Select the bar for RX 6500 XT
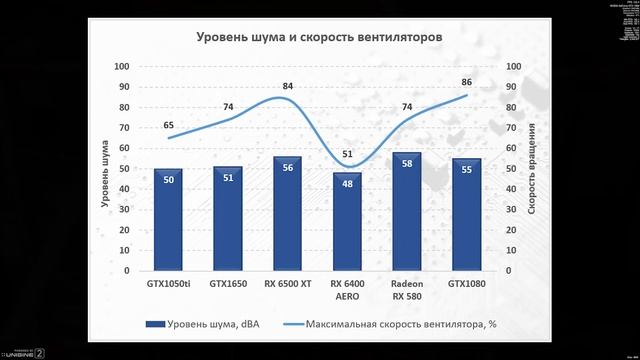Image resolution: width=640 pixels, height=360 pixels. click(287, 214)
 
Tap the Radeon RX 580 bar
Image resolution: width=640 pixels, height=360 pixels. click(407, 212)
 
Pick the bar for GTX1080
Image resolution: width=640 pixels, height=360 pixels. click(466, 215)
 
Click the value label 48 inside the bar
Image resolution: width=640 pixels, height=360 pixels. click(347, 183)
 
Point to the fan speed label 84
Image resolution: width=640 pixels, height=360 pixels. click(288, 87)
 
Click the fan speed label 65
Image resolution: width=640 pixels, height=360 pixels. click(168, 126)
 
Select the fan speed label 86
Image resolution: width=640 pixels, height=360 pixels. click(466, 83)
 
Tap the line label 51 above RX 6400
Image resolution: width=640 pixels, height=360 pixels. click(347, 154)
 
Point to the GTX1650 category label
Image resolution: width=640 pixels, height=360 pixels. click(227, 283)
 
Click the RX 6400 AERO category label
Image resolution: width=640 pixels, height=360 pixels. click(347, 289)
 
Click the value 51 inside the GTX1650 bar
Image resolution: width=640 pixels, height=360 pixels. click(227, 180)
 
